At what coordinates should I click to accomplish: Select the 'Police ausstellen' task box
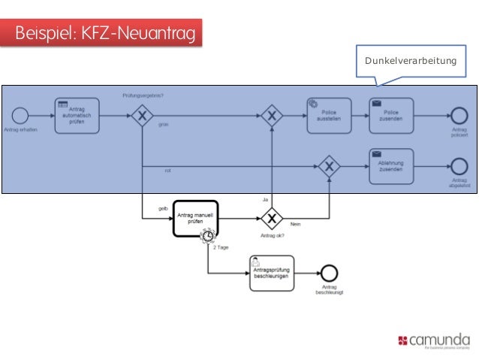pyautogui.click(x=328, y=115)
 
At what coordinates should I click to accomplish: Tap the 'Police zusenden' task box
pyautogui.click(x=390, y=115)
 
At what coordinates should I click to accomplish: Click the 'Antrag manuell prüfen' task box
pyautogui.click(x=195, y=218)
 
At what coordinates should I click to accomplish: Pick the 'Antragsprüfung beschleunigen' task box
pyautogui.click(x=271, y=273)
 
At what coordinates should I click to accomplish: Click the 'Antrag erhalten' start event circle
pyautogui.click(x=20, y=115)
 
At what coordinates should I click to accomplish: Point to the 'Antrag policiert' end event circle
pyautogui.click(x=459, y=115)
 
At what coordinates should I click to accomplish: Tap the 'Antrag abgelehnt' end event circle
pyautogui.click(x=459, y=166)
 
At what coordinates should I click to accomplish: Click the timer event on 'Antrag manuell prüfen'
pyautogui.click(x=207, y=237)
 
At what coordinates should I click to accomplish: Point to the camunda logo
pyautogui.click(x=434, y=340)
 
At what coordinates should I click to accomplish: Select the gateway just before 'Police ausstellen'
pyautogui.click(x=272, y=115)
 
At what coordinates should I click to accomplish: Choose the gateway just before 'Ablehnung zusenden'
pyautogui.click(x=328, y=166)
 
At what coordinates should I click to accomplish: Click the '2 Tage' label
pyautogui.click(x=221, y=247)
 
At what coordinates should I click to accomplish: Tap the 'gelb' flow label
pyautogui.click(x=162, y=208)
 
